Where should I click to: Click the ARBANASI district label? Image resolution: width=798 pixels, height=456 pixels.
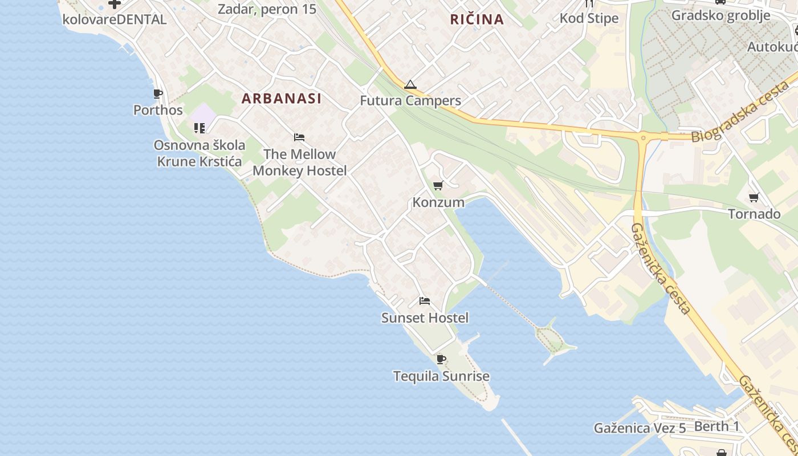pyautogui.click(x=282, y=99)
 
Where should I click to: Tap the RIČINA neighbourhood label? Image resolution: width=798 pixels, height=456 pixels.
pyautogui.click(x=477, y=19)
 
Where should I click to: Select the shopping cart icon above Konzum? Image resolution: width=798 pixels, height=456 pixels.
pyautogui.click(x=438, y=185)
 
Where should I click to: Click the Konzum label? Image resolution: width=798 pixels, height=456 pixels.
pyautogui.click(x=438, y=202)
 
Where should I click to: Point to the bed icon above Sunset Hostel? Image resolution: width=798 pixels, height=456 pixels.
pyautogui.click(x=425, y=301)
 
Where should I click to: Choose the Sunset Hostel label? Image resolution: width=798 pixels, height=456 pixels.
pyautogui.click(x=425, y=318)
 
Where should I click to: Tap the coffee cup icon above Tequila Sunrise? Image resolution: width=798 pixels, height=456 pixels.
pyautogui.click(x=441, y=359)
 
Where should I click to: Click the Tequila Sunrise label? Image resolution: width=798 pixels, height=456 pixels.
pyautogui.click(x=441, y=376)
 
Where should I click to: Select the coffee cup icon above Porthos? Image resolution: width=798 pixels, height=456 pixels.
pyautogui.click(x=158, y=93)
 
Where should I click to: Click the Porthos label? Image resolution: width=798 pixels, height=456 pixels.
pyautogui.click(x=158, y=110)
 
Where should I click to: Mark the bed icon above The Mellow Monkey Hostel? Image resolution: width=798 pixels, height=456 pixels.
pyautogui.click(x=299, y=137)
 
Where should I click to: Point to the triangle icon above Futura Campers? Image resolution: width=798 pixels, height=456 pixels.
pyautogui.click(x=410, y=85)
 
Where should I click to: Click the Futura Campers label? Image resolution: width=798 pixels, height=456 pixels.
pyautogui.click(x=410, y=101)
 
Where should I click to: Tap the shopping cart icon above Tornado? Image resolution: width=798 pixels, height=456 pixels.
pyautogui.click(x=754, y=198)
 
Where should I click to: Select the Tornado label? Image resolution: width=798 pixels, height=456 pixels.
pyautogui.click(x=754, y=214)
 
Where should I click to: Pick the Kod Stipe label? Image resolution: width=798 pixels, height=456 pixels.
pyautogui.click(x=589, y=18)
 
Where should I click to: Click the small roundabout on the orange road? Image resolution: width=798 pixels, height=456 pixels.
pyautogui.click(x=643, y=137)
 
